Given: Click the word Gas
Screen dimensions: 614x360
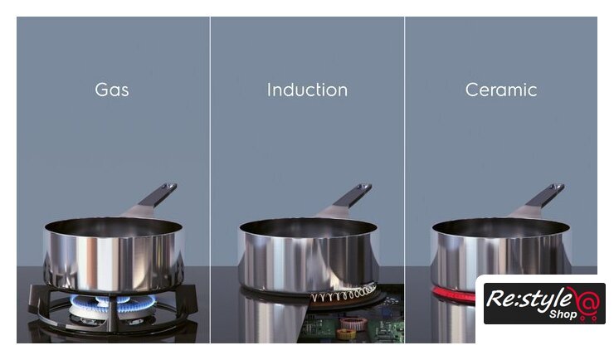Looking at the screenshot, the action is [112, 90].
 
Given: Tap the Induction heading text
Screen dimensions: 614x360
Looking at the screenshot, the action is [307, 90].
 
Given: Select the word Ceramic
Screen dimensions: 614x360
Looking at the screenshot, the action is [501, 90].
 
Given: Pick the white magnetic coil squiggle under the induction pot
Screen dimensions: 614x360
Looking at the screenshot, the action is [344, 294].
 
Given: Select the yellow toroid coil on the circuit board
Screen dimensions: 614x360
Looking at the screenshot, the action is [346, 333].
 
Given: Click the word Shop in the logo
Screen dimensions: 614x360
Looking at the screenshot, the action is [563, 314].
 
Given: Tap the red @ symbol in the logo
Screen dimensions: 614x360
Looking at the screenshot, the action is [587, 303].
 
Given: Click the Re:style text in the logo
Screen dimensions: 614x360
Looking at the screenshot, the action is [529, 300].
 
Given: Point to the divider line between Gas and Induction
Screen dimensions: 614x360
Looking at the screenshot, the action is [210, 180].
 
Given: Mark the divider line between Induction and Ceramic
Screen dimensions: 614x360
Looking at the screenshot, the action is [405, 180].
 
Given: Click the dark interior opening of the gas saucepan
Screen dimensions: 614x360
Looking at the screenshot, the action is [113, 227].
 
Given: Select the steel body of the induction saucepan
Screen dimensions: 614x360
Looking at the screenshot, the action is [308, 260].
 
